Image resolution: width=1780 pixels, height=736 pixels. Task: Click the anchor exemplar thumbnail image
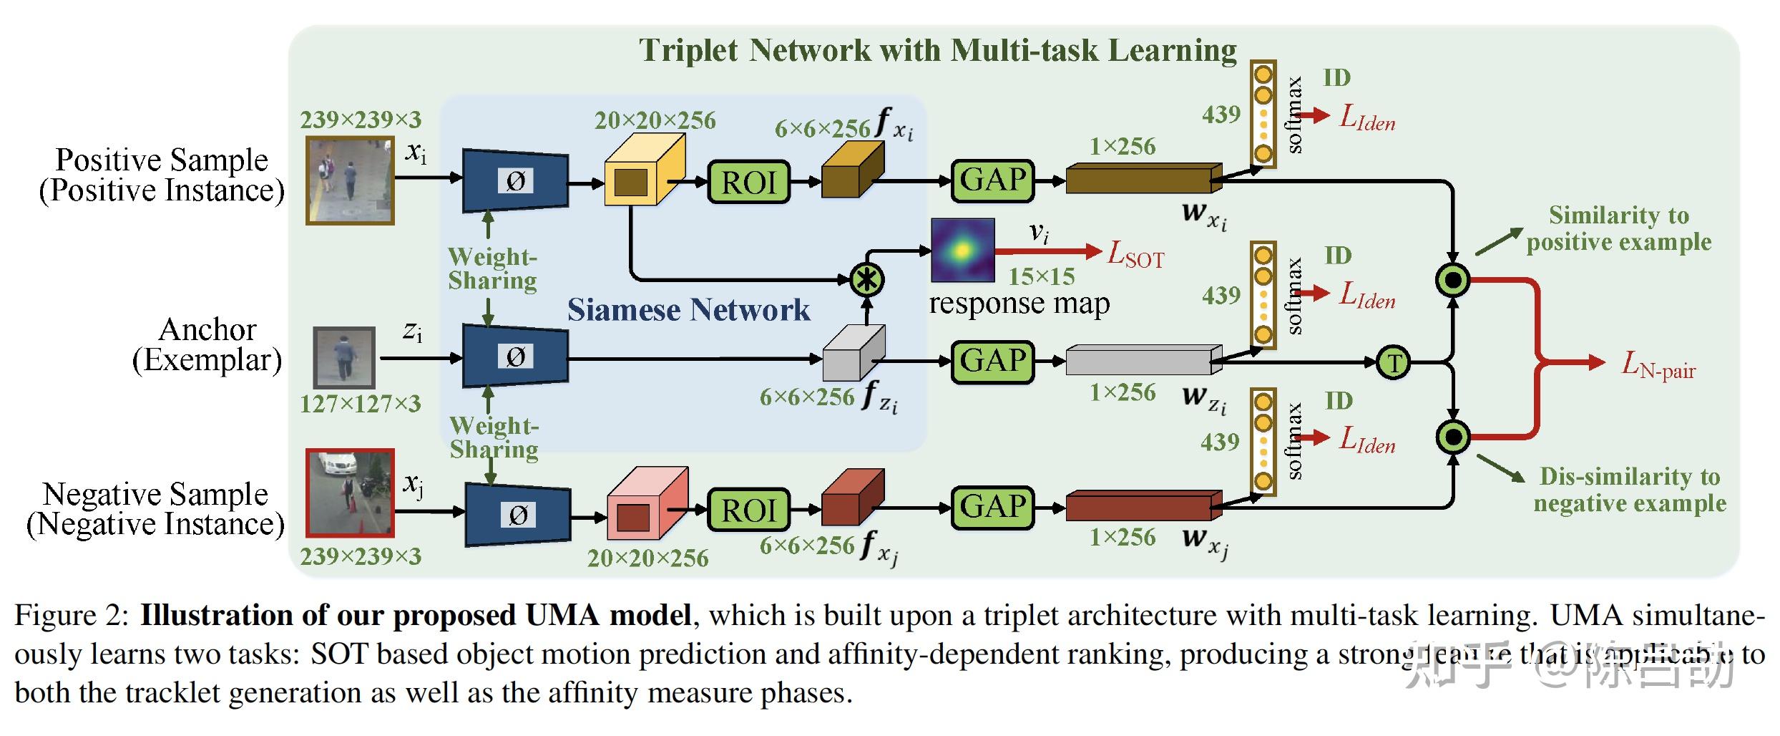pyautogui.click(x=344, y=358)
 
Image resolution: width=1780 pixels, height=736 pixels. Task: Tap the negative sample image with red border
pyautogui.click(x=350, y=493)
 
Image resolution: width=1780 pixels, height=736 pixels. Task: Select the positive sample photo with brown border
pyautogui.click(x=350, y=180)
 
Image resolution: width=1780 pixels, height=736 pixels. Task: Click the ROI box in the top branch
pyautogui.click(x=748, y=183)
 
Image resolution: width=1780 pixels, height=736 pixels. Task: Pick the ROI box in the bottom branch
pyautogui.click(x=748, y=510)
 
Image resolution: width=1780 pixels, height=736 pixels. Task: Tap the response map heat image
pyautogui.click(x=962, y=250)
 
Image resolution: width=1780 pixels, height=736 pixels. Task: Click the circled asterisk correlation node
pyautogui.click(x=866, y=279)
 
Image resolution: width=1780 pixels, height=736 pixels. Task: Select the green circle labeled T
pyautogui.click(x=1393, y=362)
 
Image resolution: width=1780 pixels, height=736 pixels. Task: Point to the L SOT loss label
pyautogui.click(x=1135, y=254)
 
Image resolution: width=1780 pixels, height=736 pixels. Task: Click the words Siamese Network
pyautogui.click(x=688, y=310)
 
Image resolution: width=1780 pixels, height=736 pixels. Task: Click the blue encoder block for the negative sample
pyautogui.click(x=517, y=514)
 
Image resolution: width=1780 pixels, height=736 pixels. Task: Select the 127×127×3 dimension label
pyautogui.click(x=360, y=405)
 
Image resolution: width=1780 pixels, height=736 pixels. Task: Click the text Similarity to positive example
pyautogui.click(x=1618, y=228)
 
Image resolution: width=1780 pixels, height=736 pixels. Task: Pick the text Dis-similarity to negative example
pyautogui.click(x=1629, y=490)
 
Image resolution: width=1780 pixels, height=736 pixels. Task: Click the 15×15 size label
pyautogui.click(x=1041, y=276)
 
